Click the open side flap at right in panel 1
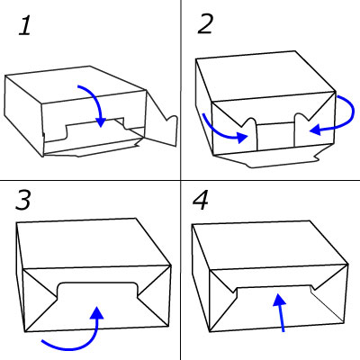(x=162, y=121)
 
